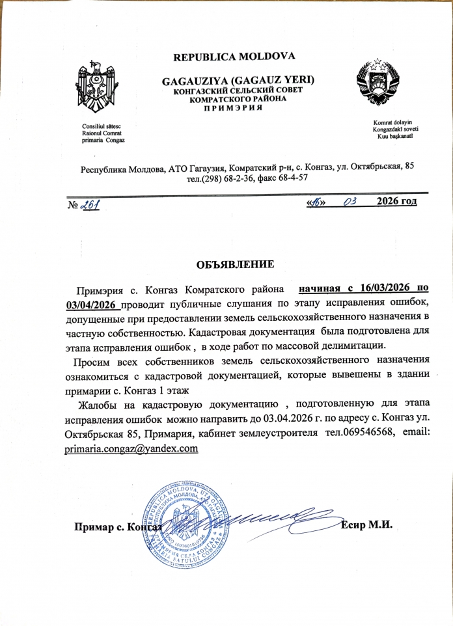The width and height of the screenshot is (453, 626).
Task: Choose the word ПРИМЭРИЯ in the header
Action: click(232, 107)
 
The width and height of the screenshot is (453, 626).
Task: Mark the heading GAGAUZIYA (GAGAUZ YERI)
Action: click(238, 80)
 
